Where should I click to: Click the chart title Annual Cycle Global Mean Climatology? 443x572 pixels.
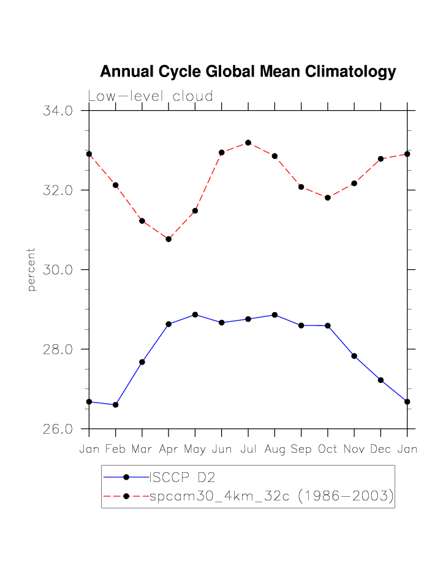pos(248,72)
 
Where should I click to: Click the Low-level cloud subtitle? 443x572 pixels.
pos(151,97)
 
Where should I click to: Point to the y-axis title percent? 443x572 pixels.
pos(32,269)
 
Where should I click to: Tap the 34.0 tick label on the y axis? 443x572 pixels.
pos(58,111)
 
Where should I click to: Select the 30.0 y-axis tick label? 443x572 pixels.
pos(58,270)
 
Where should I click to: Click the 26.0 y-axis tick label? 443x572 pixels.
pos(58,429)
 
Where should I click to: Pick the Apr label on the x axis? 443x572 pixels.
pos(168,450)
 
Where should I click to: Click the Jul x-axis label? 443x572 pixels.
pos(248,450)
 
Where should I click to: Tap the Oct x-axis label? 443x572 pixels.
pos(328,450)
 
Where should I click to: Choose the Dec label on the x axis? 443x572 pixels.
pos(381,450)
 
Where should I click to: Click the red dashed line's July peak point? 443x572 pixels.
pos(248,143)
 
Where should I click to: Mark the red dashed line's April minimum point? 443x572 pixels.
pos(168,239)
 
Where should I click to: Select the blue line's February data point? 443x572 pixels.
pos(115,405)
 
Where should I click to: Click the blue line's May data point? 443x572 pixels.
pos(195,314)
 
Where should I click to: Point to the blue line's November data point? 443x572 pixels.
pos(354,356)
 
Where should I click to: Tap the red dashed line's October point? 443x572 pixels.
pos(328,198)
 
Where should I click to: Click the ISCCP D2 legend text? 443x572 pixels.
pos(179,477)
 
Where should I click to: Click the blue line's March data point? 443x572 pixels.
pos(142,362)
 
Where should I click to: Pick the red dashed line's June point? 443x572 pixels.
pos(222,152)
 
